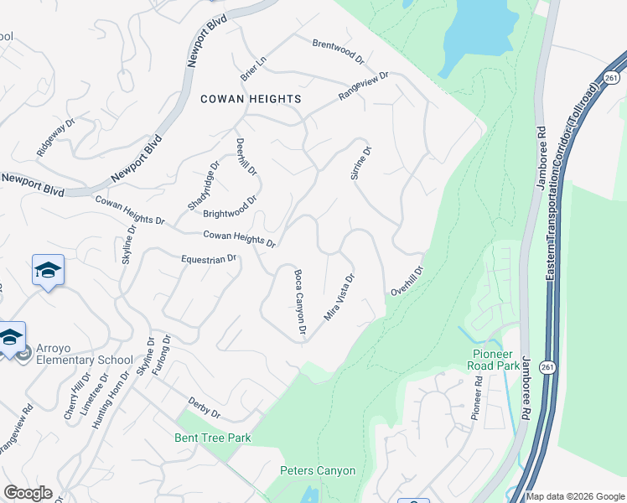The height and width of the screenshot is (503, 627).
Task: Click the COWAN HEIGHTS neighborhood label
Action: pos(251,99)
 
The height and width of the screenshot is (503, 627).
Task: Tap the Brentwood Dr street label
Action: pos(339,51)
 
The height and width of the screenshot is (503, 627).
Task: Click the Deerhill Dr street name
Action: pos(246,157)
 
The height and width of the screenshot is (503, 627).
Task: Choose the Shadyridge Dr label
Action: pos(204,184)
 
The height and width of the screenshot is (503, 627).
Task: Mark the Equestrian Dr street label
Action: pos(209,259)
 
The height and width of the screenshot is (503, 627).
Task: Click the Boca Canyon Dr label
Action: pos(298,303)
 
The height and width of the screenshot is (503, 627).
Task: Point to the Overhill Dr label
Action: pos(407,281)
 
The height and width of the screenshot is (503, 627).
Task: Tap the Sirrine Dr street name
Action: pos(360,163)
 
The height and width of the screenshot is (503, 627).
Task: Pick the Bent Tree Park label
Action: pos(213,438)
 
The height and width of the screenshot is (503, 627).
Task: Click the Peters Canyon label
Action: pos(318,471)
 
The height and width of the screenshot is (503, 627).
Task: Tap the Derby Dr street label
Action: pos(204,407)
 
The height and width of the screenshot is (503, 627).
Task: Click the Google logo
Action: pos(28,493)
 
